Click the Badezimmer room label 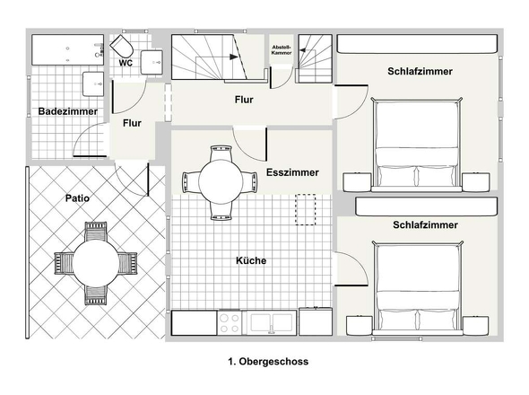(x=68, y=111)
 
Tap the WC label (x=126, y=63)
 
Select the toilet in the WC (x=121, y=47)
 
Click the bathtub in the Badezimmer (x=68, y=49)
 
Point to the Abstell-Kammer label (x=282, y=49)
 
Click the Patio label (x=77, y=198)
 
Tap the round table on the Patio (x=96, y=263)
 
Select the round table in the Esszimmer (x=221, y=182)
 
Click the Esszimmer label (x=292, y=172)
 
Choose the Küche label (x=251, y=260)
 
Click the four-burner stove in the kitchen (x=230, y=323)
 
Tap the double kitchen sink (x=272, y=322)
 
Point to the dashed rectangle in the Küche (x=306, y=209)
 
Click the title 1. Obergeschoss (x=268, y=361)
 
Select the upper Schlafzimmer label (x=420, y=71)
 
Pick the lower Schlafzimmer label (x=425, y=224)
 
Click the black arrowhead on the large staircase (x=234, y=57)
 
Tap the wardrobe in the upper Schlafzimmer (x=417, y=44)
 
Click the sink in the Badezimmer (x=93, y=83)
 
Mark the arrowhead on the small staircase (x=303, y=50)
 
